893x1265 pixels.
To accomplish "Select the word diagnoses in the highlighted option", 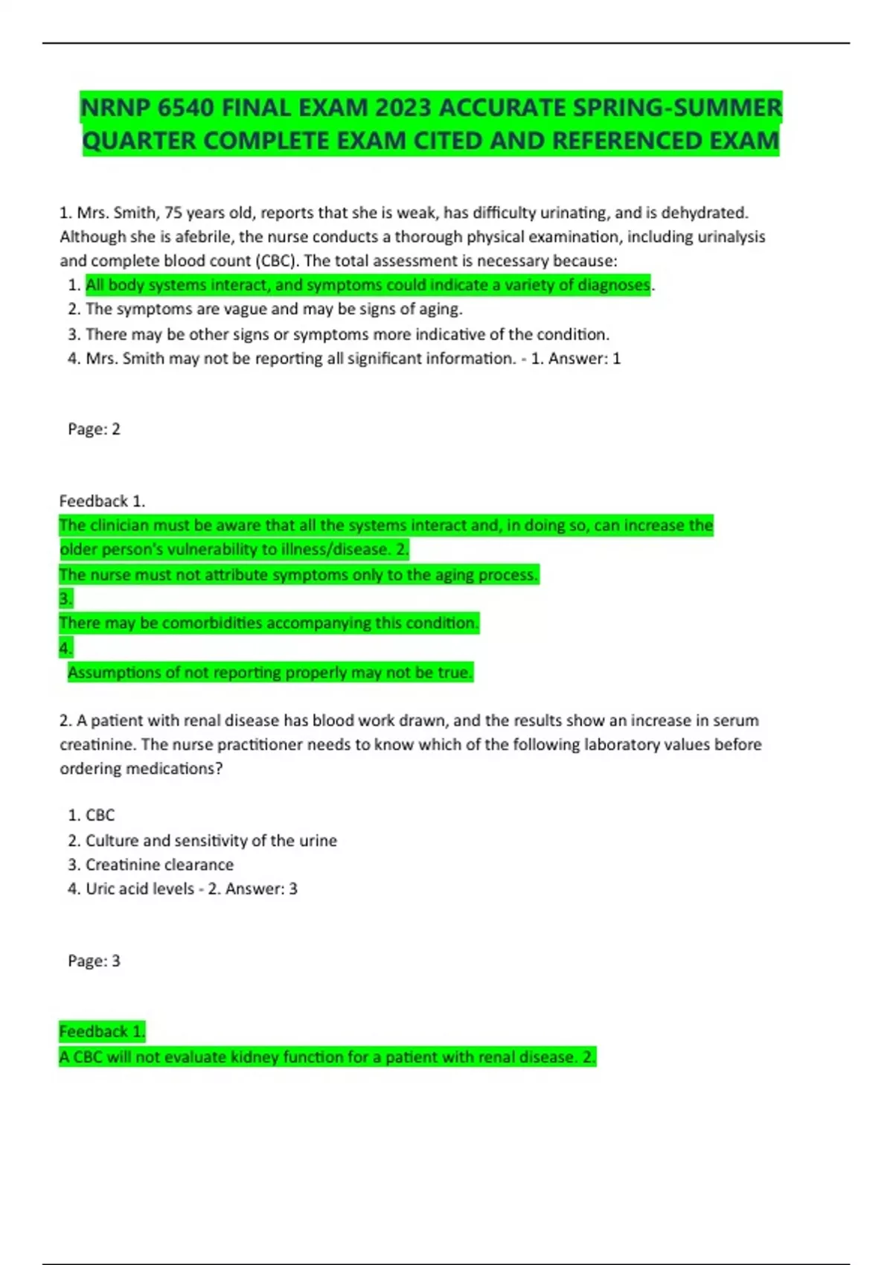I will pos(614,285).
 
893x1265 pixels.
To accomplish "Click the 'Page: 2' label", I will pos(94,429).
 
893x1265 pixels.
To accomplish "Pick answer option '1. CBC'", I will pos(92,816).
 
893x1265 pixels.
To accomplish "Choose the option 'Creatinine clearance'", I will pos(159,865).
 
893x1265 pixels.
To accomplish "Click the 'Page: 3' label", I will pos(94,961).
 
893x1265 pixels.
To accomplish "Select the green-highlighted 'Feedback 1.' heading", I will pos(102,1031).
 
